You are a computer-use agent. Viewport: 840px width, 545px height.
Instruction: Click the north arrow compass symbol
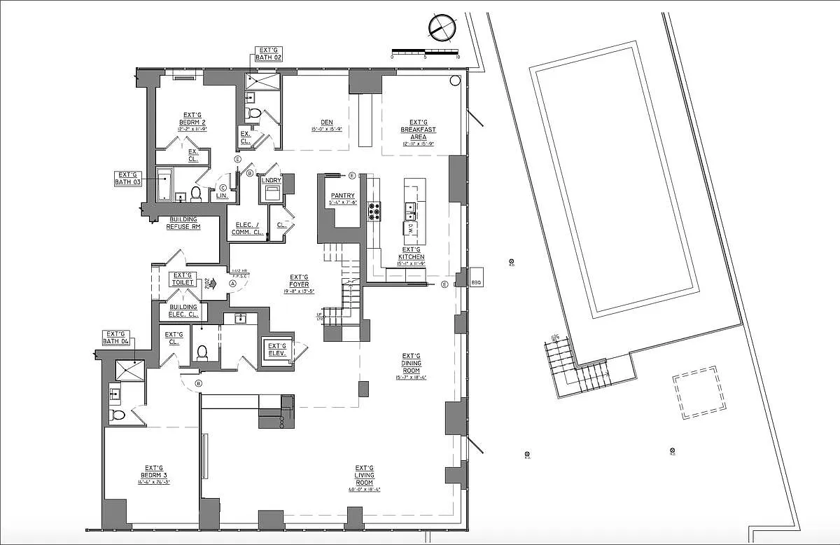click(441, 28)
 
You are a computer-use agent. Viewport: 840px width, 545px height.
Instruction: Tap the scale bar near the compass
click(425, 51)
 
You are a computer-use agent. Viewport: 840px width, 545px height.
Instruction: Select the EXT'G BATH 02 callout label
click(269, 54)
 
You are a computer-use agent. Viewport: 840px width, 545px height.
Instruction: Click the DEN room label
click(326, 125)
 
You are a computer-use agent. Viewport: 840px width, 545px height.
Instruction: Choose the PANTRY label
click(343, 199)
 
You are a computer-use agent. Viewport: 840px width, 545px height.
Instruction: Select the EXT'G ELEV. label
click(277, 350)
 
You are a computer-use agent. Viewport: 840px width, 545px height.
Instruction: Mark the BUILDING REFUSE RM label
click(183, 223)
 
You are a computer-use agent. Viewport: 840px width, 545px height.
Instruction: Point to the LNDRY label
click(271, 181)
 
